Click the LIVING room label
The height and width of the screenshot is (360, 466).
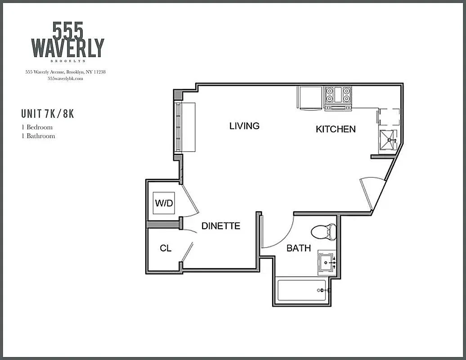[x=244, y=126]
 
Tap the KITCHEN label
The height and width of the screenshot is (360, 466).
[x=336, y=129]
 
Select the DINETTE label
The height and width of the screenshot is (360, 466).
[x=220, y=226]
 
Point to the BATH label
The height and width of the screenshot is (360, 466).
[x=299, y=248]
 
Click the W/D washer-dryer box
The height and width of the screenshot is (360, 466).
[x=164, y=203]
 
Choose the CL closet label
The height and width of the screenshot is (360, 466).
[x=166, y=248]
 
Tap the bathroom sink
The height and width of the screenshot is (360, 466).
[x=327, y=262]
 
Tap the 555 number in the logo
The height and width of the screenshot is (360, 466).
[x=68, y=31]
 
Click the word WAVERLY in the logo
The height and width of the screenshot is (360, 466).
[x=67, y=48]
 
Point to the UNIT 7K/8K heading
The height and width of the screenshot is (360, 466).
[x=47, y=114]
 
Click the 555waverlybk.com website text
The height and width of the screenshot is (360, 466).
[x=65, y=78]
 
